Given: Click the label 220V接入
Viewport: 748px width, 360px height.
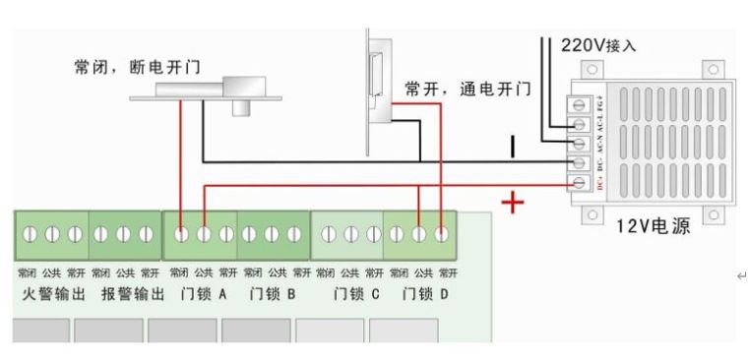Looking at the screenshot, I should (x=598, y=45).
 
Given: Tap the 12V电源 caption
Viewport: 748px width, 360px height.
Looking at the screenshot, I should (x=653, y=225).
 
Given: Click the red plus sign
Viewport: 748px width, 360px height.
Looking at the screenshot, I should (x=513, y=203).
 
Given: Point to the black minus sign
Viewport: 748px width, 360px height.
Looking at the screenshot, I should (x=512, y=148).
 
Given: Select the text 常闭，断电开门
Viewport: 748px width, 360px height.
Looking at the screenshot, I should (x=138, y=67).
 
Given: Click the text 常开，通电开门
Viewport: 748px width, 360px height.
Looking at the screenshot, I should (x=467, y=90).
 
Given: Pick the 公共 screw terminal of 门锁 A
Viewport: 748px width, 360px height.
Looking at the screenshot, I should (x=204, y=234).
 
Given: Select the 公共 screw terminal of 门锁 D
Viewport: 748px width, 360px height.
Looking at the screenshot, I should (x=419, y=234).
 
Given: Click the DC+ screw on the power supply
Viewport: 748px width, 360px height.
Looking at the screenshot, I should (x=579, y=181).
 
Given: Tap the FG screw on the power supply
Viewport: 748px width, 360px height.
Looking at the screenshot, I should (x=579, y=105).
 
